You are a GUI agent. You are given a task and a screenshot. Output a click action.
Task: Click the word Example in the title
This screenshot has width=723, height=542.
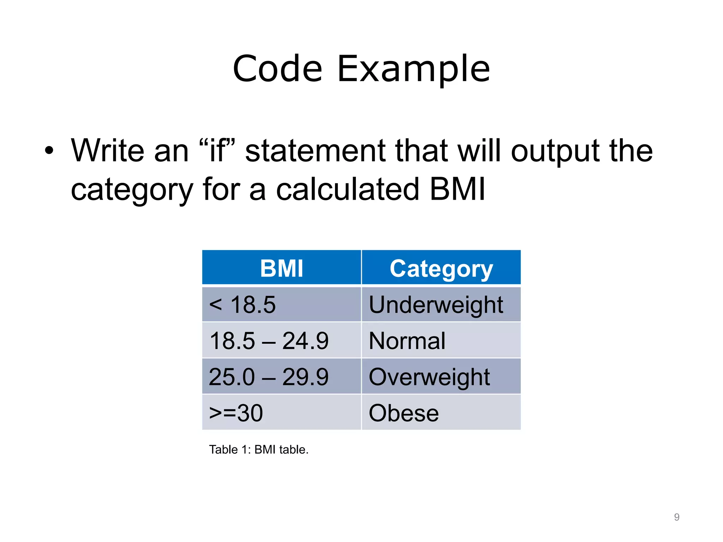click(414, 69)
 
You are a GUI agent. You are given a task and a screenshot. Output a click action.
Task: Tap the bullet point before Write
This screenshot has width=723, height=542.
click(49, 151)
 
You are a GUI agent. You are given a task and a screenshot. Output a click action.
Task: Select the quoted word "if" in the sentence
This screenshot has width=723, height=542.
click(217, 151)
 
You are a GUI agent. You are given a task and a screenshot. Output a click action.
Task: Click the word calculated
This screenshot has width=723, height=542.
click(348, 189)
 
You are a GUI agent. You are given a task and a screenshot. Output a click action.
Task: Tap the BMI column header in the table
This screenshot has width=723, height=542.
click(281, 268)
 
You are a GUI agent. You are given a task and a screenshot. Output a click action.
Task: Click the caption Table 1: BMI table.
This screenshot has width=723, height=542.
click(259, 450)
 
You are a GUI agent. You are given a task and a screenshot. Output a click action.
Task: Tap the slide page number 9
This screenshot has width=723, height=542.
click(676, 517)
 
